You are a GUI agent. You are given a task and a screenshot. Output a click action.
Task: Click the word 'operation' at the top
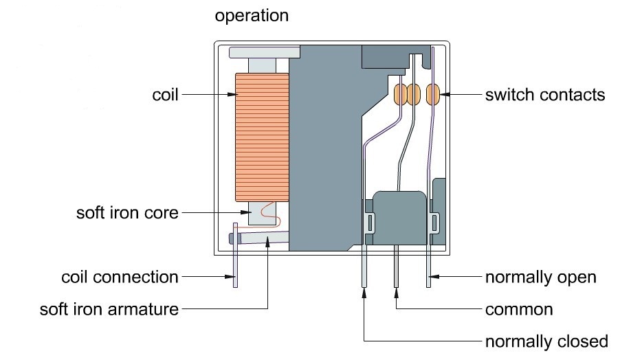pos(252,15)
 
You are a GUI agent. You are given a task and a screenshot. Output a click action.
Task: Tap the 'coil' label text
pos(164,95)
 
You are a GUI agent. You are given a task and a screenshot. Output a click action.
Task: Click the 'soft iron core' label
pos(127,213)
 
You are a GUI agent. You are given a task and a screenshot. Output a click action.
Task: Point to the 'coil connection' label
pos(120,278)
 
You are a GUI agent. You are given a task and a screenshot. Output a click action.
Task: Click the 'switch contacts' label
pos(545,95)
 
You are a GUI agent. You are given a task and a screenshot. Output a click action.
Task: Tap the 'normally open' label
pos(540,278)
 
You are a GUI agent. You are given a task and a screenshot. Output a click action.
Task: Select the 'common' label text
pos(519,309)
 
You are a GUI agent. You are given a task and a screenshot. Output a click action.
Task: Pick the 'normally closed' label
pos(546,341)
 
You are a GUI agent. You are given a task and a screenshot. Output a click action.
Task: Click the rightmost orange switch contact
pos(434,94)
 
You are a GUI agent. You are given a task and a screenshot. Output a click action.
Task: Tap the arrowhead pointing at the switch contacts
pos(447,95)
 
